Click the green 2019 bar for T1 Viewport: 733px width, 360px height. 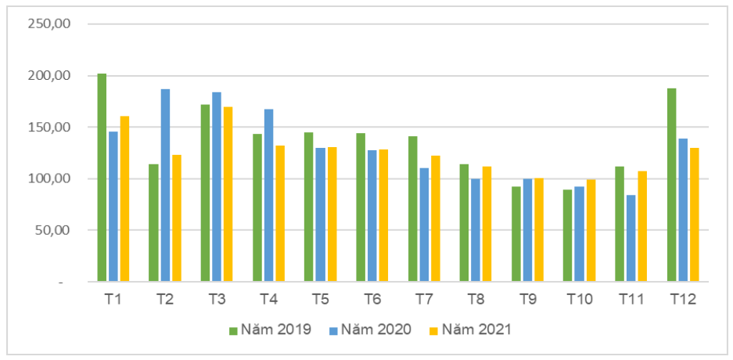point(102,178)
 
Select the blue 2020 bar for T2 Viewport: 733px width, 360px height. point(166,185)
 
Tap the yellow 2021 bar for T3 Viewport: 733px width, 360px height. point(228,194)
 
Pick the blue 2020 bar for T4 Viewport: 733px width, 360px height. point(269,196)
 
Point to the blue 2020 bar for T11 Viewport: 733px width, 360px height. point(631,239)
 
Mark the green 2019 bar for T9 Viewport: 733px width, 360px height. point(516,234)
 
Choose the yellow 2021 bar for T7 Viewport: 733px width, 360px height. point(435,219)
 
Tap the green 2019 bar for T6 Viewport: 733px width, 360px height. point(361,207)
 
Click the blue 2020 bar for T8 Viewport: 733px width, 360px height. point(476,230)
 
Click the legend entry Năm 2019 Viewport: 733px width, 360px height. point(270,329)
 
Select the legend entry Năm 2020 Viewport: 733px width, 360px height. point(370,329)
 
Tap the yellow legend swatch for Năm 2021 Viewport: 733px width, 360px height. point(433,330)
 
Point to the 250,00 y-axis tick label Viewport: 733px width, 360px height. point(49,23)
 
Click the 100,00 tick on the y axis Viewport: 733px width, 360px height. point(49,179)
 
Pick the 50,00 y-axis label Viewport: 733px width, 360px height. point(52,231)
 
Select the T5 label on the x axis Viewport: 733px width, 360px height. point(320,299)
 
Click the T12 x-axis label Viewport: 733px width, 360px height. point(683,299)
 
